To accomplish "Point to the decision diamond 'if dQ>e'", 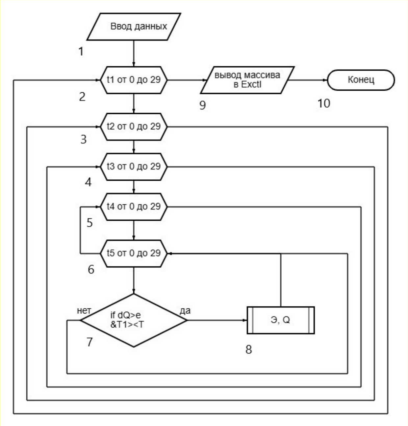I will tap(134, 320).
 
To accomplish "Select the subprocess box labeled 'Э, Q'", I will tap(281, 320).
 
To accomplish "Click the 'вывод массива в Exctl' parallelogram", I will tap(247, 80).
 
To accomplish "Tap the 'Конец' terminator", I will tap(361, 80).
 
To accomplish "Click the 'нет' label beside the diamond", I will tap(84, 311).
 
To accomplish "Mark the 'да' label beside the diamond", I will tap(185, 311).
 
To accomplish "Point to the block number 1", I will tap(81, 52).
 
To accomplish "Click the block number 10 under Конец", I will tap(324, 103).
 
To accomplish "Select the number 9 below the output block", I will tap(203, 105).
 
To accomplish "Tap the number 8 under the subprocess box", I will tap(249, 349).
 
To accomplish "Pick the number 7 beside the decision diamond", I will tap(89, 342).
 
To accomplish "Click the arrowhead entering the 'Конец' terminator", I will tap(325, 80).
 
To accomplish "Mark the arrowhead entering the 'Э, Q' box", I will tap(245, 320).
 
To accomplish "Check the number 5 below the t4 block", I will tap(89, 223).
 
